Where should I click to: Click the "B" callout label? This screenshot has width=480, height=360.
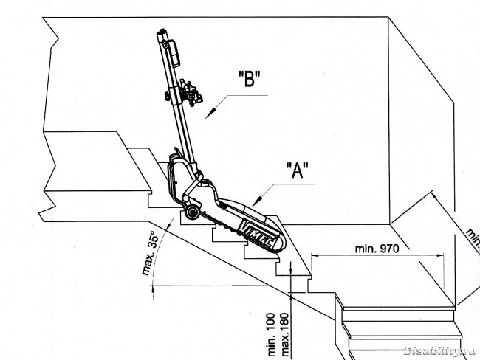(250, 80)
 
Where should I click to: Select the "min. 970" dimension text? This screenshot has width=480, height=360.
(378, 249)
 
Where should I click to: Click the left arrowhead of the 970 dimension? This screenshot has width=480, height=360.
(315, 257)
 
